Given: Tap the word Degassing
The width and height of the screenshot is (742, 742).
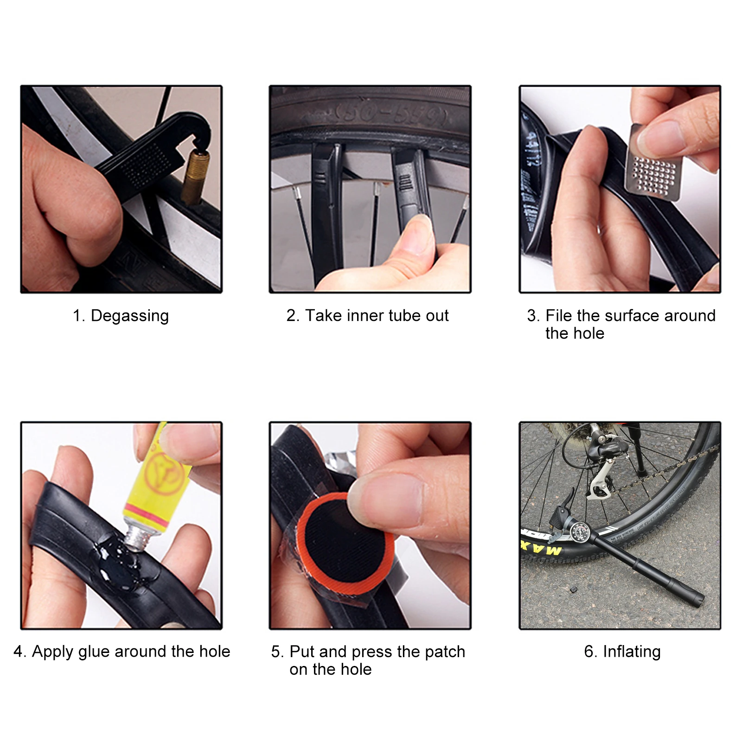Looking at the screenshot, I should pyautogui.click(x=129, y=316).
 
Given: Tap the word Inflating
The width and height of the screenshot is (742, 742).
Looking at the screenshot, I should pyautogui.click(x=631, y=652).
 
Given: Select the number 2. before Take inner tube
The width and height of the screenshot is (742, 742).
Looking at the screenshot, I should pyautogui.click(x=292, y=316).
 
